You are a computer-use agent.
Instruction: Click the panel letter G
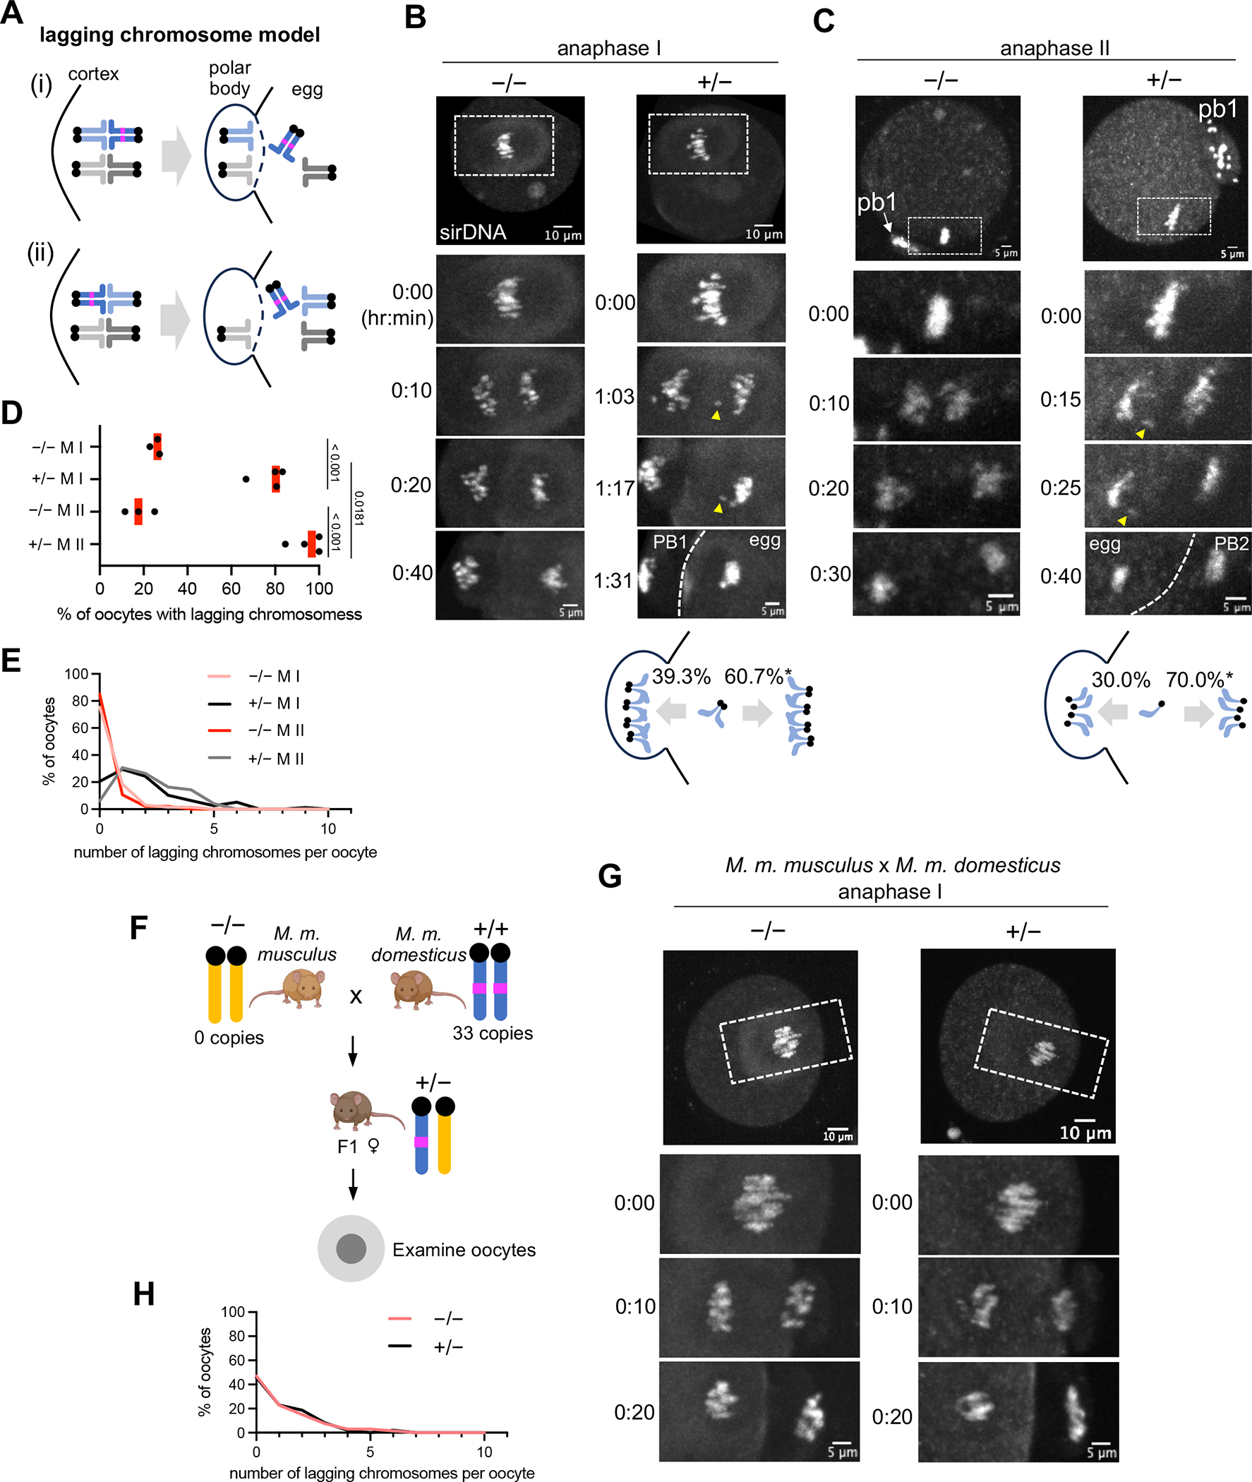tap(610, 876)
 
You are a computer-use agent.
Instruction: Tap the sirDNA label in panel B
tap(473, 232)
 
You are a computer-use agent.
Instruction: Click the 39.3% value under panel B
tap(680, 676)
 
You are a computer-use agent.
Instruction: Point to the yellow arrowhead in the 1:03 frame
tap(716, 415)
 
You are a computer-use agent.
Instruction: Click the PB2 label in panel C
tap(1231, 543)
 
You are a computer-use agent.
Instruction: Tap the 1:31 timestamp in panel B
tap(613, 581)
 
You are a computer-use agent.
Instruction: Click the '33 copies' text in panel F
tap(493, 1032)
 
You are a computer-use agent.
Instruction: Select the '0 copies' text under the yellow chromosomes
tap(229, 1037)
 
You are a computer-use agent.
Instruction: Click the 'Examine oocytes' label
tap(464, 1249)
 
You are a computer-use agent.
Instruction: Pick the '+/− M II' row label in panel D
tap(56, 544)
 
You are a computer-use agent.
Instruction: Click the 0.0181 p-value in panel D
tap(359, 508)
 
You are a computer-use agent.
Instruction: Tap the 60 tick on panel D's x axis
tap(231, 589)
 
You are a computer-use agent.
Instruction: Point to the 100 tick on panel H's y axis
tap(232, 1312)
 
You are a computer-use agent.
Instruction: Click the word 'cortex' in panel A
tap(93, 75)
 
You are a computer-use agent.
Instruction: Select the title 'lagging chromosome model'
tap(179, 35)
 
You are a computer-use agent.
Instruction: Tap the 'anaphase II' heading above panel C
tap(1054, 48)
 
